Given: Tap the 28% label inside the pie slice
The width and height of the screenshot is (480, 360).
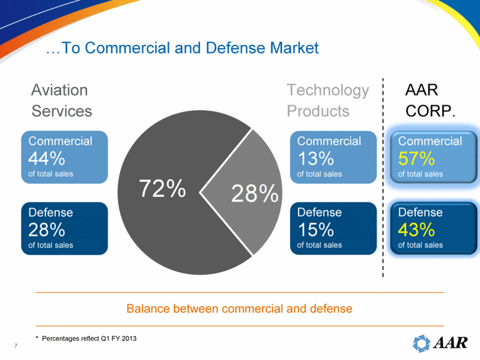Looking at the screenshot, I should coord(254,194).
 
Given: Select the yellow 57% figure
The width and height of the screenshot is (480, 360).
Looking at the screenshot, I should coord(416,159).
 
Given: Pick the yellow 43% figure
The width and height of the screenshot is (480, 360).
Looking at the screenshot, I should coord(417,230).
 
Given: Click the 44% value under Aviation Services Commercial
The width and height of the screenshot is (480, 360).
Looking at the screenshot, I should coord(47,159).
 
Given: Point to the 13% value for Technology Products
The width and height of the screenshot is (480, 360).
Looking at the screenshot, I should coord(315,159).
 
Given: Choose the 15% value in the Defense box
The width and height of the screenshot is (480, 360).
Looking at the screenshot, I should coord(315,230).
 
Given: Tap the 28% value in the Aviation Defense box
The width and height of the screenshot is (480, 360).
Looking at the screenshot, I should coord(47,230).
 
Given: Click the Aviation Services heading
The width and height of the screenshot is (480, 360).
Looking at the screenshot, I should coord(62,100).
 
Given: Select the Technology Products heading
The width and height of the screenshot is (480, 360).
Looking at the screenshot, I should coord(328,100).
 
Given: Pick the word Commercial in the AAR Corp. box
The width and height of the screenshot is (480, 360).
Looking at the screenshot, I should coord(430,141).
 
